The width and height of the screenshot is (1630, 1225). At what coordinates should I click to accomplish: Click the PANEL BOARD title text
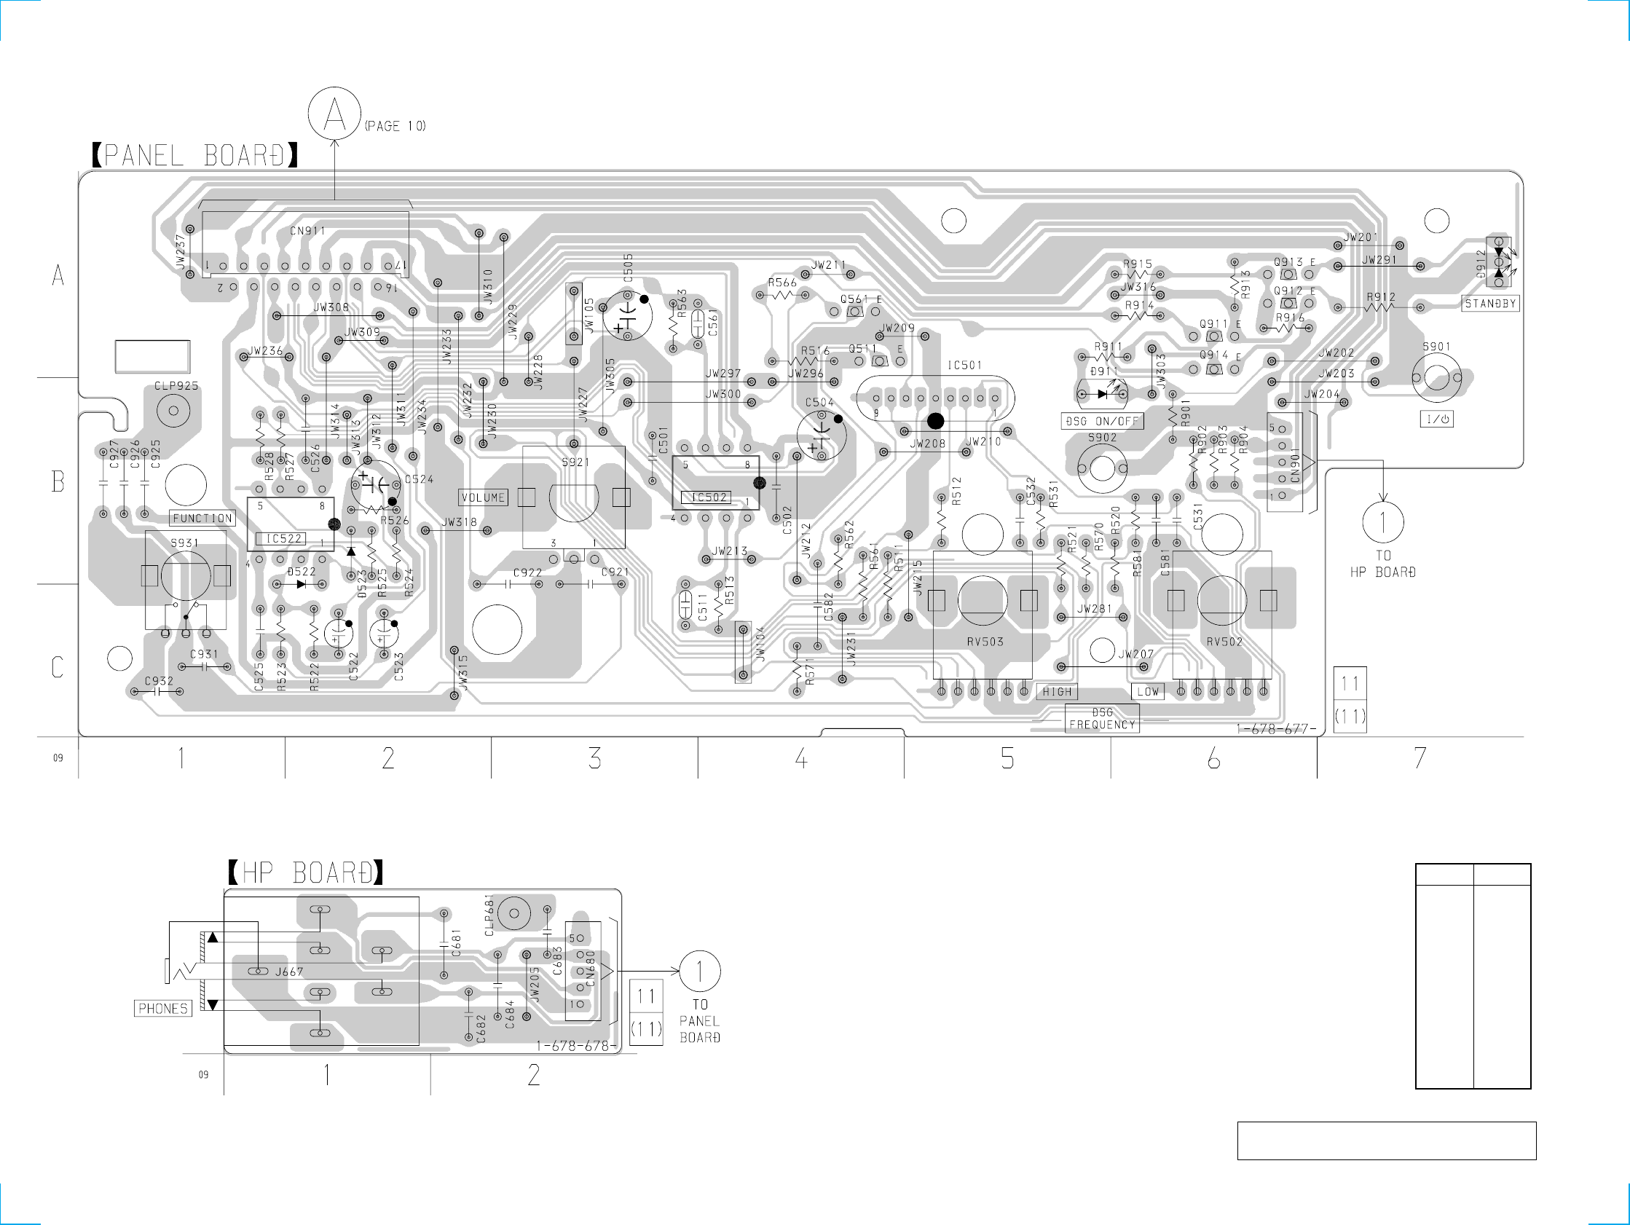click(195, 156)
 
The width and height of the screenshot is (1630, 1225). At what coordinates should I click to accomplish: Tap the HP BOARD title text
click(306, 873)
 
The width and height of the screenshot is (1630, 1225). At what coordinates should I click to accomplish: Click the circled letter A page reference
click(334, 114)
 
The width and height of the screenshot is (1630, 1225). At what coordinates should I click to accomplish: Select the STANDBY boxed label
click(1490, 304)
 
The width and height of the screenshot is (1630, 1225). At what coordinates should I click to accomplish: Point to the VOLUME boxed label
click(484, 497)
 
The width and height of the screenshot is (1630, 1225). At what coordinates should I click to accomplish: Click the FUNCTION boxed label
click(202, 518)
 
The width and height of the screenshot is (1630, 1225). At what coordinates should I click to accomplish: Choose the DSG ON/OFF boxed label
click(1103, 421)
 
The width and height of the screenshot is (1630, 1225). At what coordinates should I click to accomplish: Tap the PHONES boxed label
click(163, 1008)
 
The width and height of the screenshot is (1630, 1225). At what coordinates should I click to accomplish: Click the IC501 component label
click(964, 365)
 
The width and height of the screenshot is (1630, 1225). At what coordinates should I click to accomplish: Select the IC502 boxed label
click(708, 497)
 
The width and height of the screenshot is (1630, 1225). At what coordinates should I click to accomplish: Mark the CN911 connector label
click(307, 231)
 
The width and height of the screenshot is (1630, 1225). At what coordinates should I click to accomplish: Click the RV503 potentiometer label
click(985, 642)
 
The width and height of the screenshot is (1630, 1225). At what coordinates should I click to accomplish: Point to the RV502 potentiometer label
click(1224, 642)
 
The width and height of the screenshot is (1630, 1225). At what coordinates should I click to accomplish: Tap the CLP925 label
click(176, 386)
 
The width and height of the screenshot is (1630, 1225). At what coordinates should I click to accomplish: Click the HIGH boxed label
click(1057, 692)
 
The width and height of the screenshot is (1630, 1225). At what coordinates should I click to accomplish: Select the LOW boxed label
click(1147, 692)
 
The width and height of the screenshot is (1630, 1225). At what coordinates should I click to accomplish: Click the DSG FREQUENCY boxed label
click(1103, 719)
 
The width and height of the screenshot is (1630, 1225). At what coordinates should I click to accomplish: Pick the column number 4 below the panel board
click(801, 757)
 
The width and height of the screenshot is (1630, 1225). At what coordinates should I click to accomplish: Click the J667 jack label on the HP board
click(289, 972)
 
